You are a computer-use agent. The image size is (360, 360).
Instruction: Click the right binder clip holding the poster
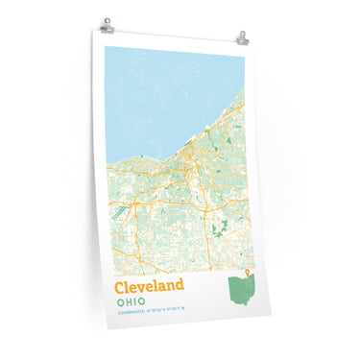242,37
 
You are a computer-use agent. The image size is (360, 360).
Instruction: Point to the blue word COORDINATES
131,317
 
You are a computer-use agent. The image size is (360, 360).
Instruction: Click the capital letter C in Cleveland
120,286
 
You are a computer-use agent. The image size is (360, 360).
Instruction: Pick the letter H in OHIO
128,302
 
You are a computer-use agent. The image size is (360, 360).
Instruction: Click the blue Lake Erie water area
163,96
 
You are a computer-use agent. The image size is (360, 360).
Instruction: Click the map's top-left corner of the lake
106,48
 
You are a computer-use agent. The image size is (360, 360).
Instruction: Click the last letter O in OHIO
148,303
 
